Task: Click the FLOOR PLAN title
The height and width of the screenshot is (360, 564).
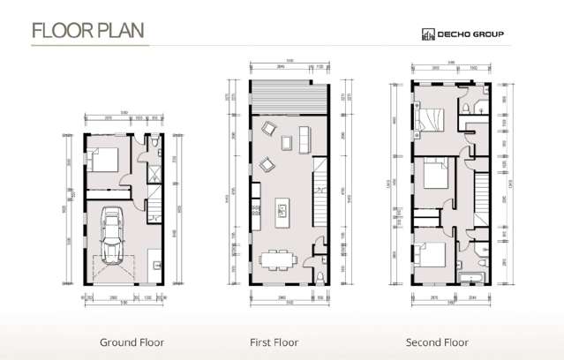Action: coord(87,30)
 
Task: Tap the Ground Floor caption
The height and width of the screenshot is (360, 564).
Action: coord(132,341)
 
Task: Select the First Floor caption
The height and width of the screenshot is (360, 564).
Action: coord(274,341)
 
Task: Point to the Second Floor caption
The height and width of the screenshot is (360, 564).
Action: coord(437,341)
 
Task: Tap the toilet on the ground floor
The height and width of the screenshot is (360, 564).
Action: coord(154,143)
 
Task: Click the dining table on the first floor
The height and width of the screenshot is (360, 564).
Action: coord(278,259)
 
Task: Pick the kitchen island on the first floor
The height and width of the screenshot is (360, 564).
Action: coord(283,211)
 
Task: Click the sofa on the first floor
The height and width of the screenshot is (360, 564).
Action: coord(305,139)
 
